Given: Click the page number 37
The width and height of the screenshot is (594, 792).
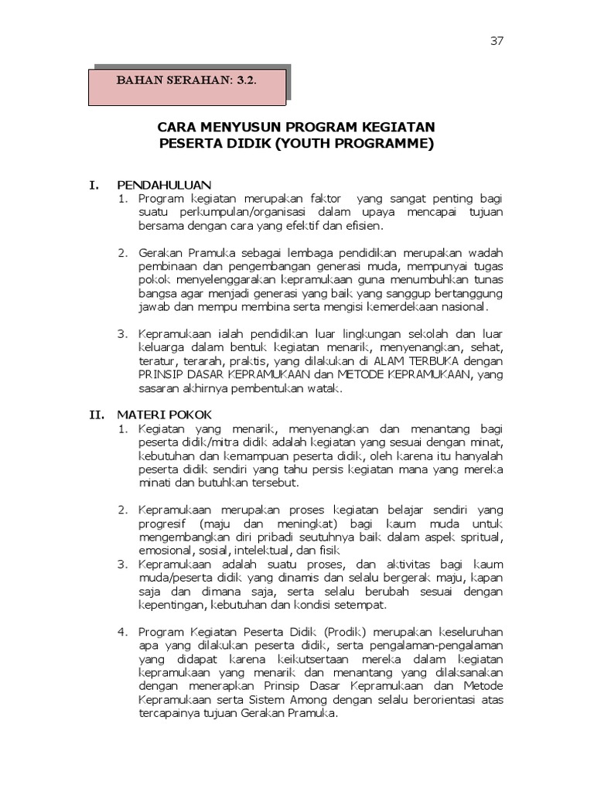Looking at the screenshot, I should click(x=497, y=42).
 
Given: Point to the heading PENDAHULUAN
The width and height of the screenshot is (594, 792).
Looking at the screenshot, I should click(x=164, y=185).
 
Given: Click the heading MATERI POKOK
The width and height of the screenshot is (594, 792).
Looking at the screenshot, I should click(x=163, y=415).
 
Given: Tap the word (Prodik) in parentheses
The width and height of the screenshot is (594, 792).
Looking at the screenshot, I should click(x=347, y=631).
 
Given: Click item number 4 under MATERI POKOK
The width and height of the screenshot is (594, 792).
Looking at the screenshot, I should click(x=122, y=631).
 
